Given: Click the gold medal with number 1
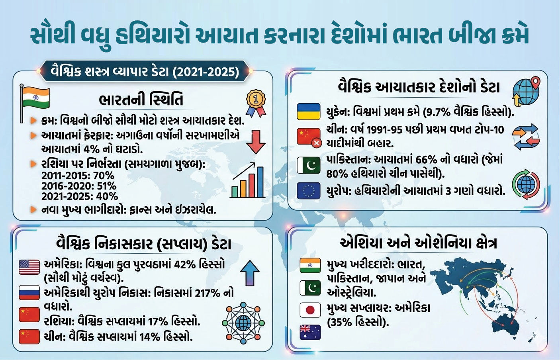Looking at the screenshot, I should (256, 102).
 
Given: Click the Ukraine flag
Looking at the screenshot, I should (309, 112).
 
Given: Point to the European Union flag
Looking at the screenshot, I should (309, 191).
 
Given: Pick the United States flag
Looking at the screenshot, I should (29, 267).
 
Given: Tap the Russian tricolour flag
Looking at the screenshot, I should (29, 293).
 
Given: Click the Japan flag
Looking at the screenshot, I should (310, 310).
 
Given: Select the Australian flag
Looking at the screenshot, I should (310, 332).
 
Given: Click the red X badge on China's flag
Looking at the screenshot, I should (317, 143).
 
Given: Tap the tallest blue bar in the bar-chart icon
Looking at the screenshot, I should (260, 182).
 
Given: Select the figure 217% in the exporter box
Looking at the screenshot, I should (208, 293).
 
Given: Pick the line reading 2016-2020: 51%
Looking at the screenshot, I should (79, 186).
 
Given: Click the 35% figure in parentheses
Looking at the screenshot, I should (341, 322).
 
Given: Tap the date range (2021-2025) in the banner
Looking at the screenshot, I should (207, 72).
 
